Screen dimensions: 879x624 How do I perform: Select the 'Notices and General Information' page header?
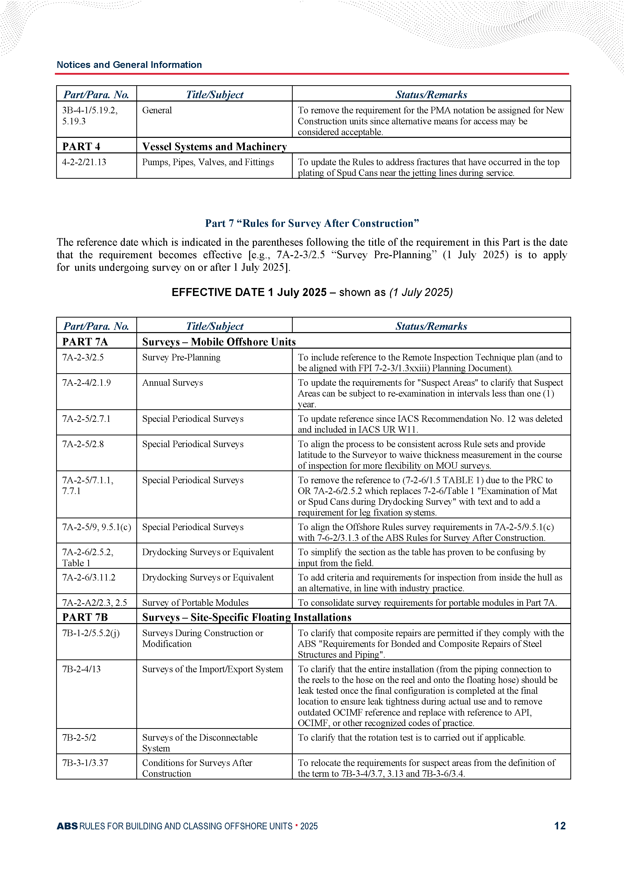click(x=129, y=65)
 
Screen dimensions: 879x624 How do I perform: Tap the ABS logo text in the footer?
click(x=67, y=826)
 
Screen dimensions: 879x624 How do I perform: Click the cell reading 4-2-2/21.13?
click(x=84, y=162)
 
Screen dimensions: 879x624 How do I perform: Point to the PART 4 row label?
click(x=81, y=146)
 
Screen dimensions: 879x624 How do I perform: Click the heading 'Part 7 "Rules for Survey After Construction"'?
click(x=312, y=223)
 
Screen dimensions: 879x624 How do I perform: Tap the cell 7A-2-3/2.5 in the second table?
click(x=83, y=357)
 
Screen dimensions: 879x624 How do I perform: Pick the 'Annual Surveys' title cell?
click(x=172, y=383)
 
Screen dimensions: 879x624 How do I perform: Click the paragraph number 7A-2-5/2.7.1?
click(x=86, y=419)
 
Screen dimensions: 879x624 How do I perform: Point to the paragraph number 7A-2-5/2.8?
click(x=83, y=444)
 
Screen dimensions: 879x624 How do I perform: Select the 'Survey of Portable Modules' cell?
click(x=195, y=602)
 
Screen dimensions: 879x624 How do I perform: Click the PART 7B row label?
click(x=85, y=617)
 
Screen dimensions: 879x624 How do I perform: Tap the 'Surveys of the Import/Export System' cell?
click(x=213, y=669)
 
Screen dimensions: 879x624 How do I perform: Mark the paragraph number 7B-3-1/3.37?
click(x=85, y=763)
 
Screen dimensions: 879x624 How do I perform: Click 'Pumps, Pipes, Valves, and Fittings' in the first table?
click(x=208, y=162)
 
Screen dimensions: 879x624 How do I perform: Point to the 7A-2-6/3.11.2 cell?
click(x=89, y=577)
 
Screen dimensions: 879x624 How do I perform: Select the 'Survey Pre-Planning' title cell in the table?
click(x=181, y=357)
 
